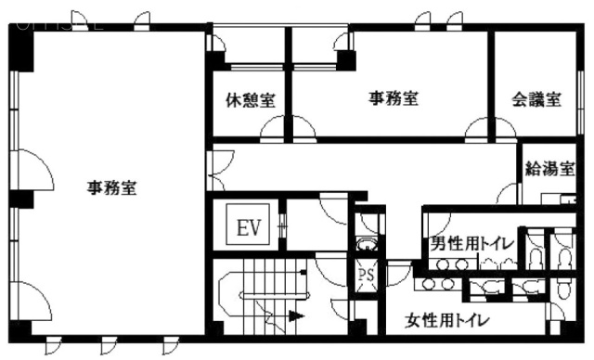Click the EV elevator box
coord(247,225)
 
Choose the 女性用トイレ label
coord(448,322)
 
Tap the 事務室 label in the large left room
coord(112,188)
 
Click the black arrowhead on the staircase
coord(296,315)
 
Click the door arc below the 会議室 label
coord(477,128)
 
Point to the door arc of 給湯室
coord(508,194)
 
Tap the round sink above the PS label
coord(368,245)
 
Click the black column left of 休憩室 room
coord(216,61)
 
